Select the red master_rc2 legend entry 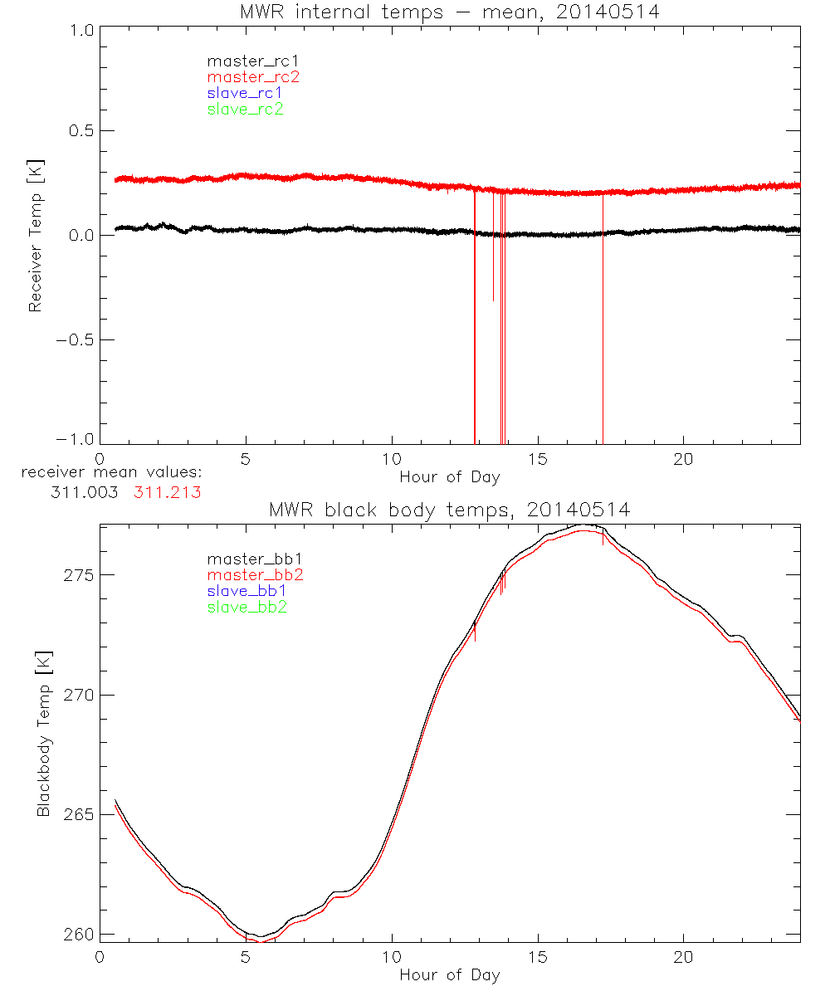pyautogui.click(x=253, y=77)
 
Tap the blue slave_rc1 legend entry pyautogui.click(x=245, y=93)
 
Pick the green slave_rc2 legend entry pyautogui.click(x=245, y=109)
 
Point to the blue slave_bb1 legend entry pyautogui.click(x=247, y=592)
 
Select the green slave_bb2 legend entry pyautogui.click(x=247, y=608)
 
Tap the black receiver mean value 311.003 pyautogui.click(x=83, y=492)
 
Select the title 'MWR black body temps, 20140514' pyautogui.click(x=449, y=510)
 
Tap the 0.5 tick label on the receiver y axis pyautogui.click(x=76, y=131)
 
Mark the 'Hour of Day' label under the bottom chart pyautogui.click(x=449, y=974)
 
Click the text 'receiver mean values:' pyautogui.click(x=112, y=473)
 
